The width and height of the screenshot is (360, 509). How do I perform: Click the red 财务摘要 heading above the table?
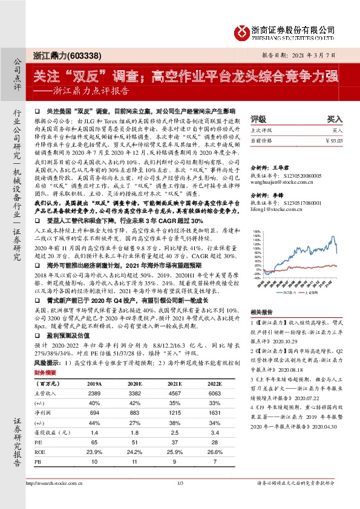click(x=45, y=374)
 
